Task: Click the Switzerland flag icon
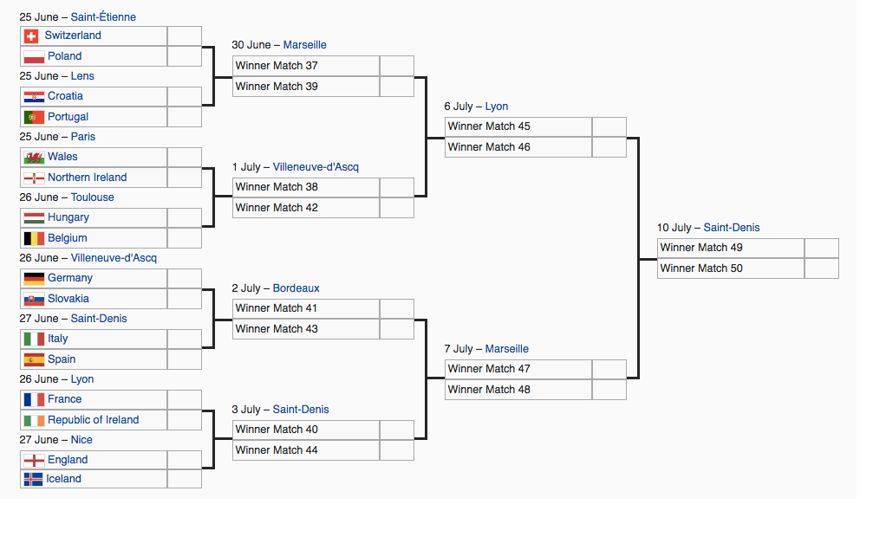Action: (x=31, y=36)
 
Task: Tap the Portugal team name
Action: (x=68, y=117)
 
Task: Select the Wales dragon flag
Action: (x=34, y=158)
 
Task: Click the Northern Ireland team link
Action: (x=88, y=178)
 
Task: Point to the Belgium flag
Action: (x=34, y=239)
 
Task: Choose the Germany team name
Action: (x=70, y=278)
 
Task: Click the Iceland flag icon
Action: (x=34, y=479)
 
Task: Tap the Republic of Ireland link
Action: (x=94, y=420)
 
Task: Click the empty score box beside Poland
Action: (x=185, y=56)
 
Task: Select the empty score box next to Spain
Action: (x=185, y=359)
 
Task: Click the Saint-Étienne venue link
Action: (x=103, y=17)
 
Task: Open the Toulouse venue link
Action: (x=93, y=197)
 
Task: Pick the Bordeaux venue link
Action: (x=296, y=288)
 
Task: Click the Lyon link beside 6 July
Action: (x=497, y=107)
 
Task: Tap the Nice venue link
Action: (x=81, y=440)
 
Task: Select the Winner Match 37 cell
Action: (x=306, y=66)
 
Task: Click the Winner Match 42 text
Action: (x=277, y=208)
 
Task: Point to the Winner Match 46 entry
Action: (x=518, y=147)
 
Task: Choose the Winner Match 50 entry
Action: (x=731, y=268)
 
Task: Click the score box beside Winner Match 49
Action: (x=822, y=249)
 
